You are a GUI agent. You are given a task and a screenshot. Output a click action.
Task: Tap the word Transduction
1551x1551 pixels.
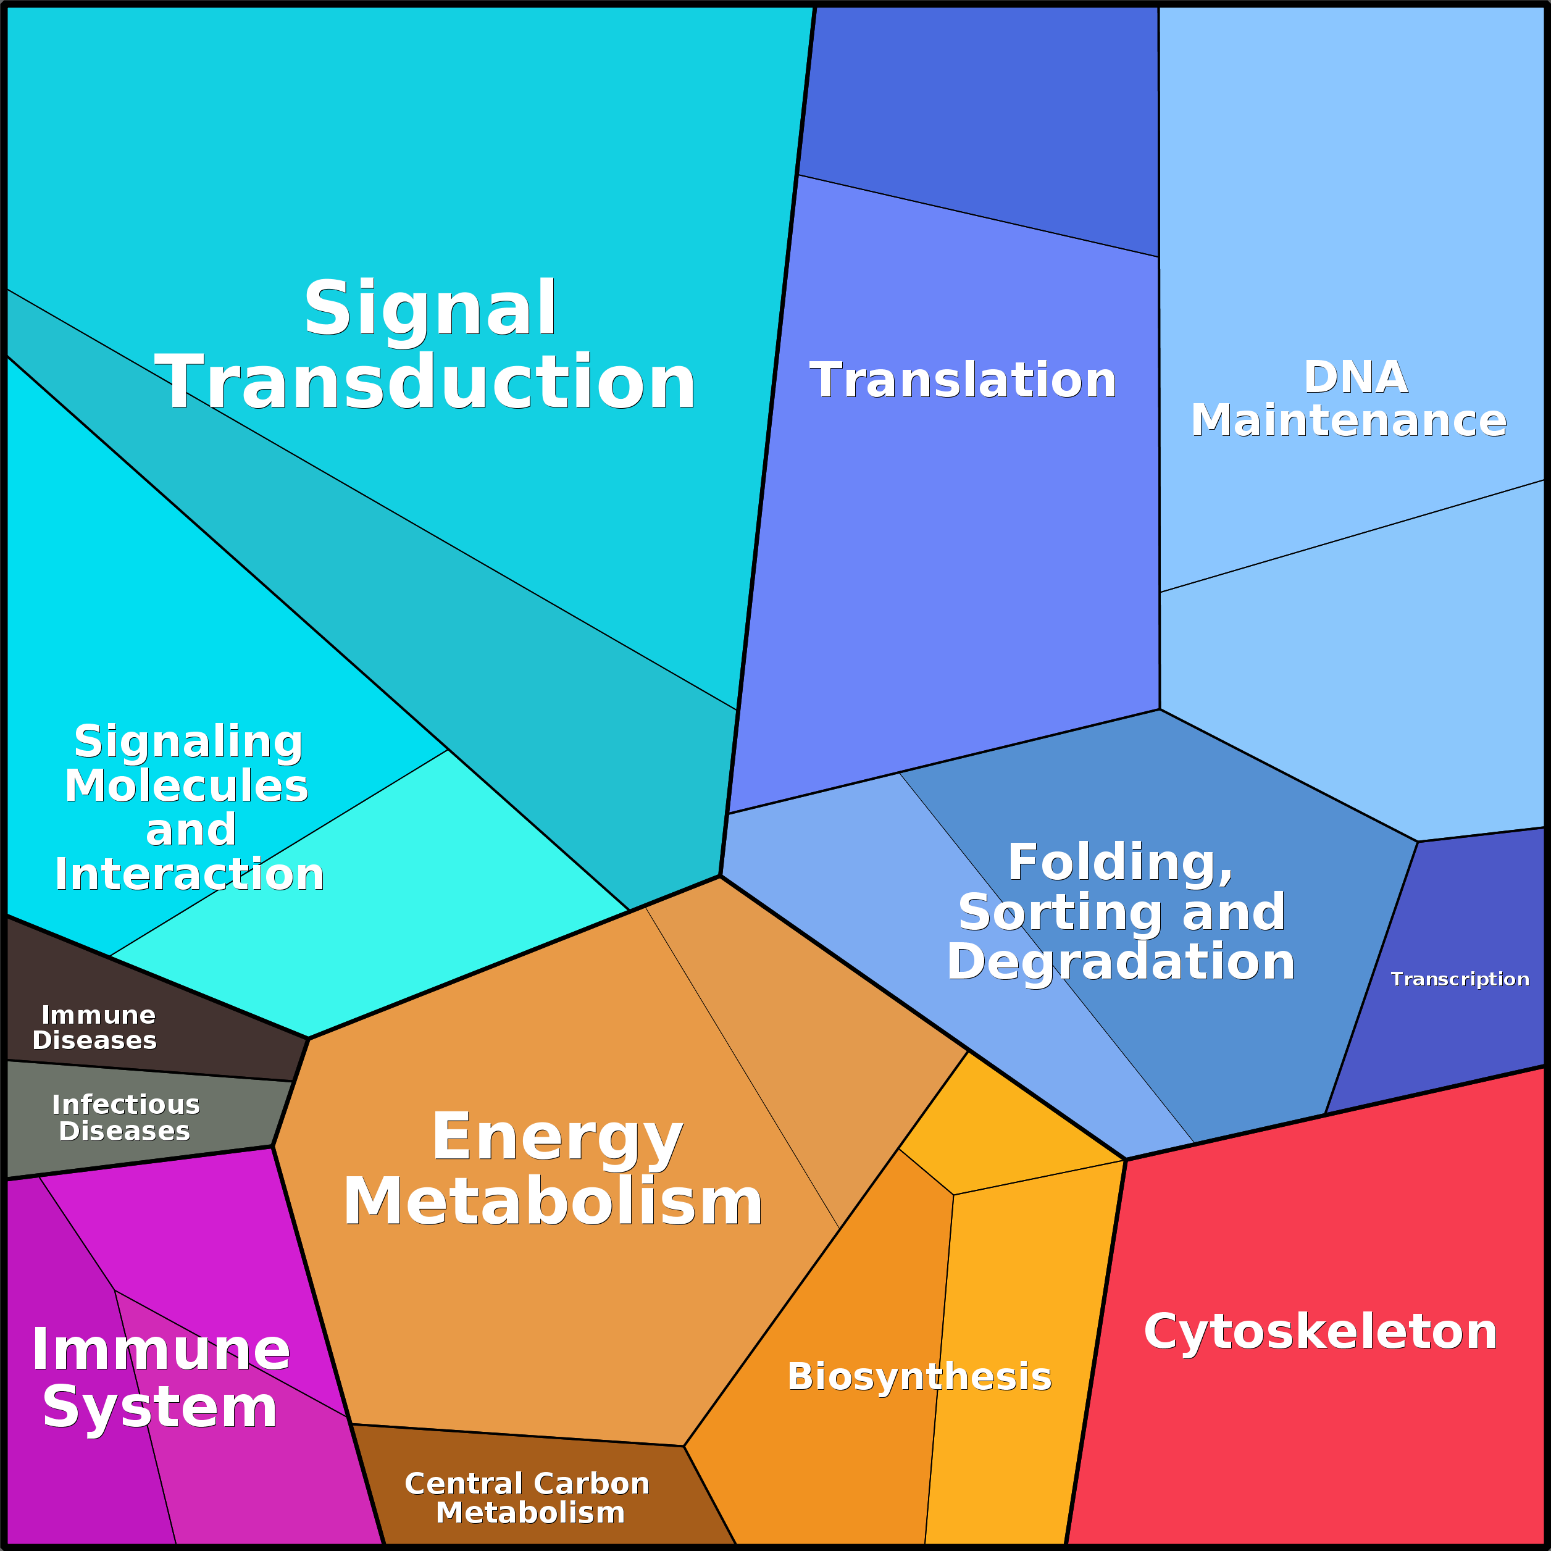tap(425, 383)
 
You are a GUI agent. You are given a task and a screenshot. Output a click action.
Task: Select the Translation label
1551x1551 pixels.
tap(963, 380)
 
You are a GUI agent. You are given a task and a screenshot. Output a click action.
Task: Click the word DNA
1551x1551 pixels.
tap(1355, 377)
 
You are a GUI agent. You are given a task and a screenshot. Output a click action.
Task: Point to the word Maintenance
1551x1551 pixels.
tap(1348, 420)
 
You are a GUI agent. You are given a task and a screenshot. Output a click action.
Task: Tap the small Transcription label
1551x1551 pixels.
tap(1460, 979)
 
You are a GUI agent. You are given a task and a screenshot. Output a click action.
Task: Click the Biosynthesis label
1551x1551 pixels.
tap(919, 1376)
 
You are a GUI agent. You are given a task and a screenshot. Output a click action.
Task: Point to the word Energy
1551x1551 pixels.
tap(557, 1137)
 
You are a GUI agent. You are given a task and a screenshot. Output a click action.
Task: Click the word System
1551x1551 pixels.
tap(160, 1407)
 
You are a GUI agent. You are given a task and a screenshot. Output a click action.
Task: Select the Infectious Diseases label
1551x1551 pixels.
tap(125, 1118)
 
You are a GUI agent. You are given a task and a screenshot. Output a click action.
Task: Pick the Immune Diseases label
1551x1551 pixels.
tap(96, 1027)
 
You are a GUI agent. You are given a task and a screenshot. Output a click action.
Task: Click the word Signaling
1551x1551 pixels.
tap(189, 742)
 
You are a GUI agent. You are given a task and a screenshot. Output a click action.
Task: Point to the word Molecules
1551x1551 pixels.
tap(186, 786)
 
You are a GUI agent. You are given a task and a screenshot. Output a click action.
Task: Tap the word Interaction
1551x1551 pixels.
tap(190, 874)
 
